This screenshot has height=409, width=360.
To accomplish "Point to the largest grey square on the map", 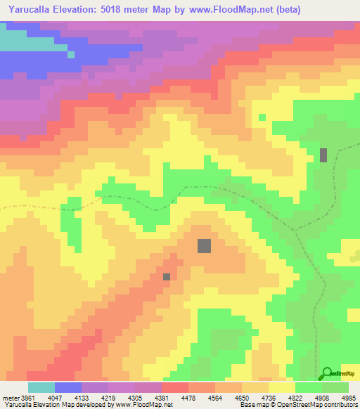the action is pos(205,245).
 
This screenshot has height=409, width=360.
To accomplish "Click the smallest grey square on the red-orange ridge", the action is pos(167,277).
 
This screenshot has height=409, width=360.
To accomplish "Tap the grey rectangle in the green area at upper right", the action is pos(323,155).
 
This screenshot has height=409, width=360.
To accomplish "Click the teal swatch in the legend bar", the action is pos(41,387).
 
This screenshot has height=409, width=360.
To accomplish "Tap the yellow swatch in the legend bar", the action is pos(281,387).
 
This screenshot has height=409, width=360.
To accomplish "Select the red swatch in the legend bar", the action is pos(174,387).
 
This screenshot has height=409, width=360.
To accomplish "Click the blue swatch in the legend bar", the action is pos(68,387).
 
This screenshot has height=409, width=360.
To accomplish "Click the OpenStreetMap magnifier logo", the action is pos(326,372).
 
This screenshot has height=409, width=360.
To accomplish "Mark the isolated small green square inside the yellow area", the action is pos(262,117).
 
